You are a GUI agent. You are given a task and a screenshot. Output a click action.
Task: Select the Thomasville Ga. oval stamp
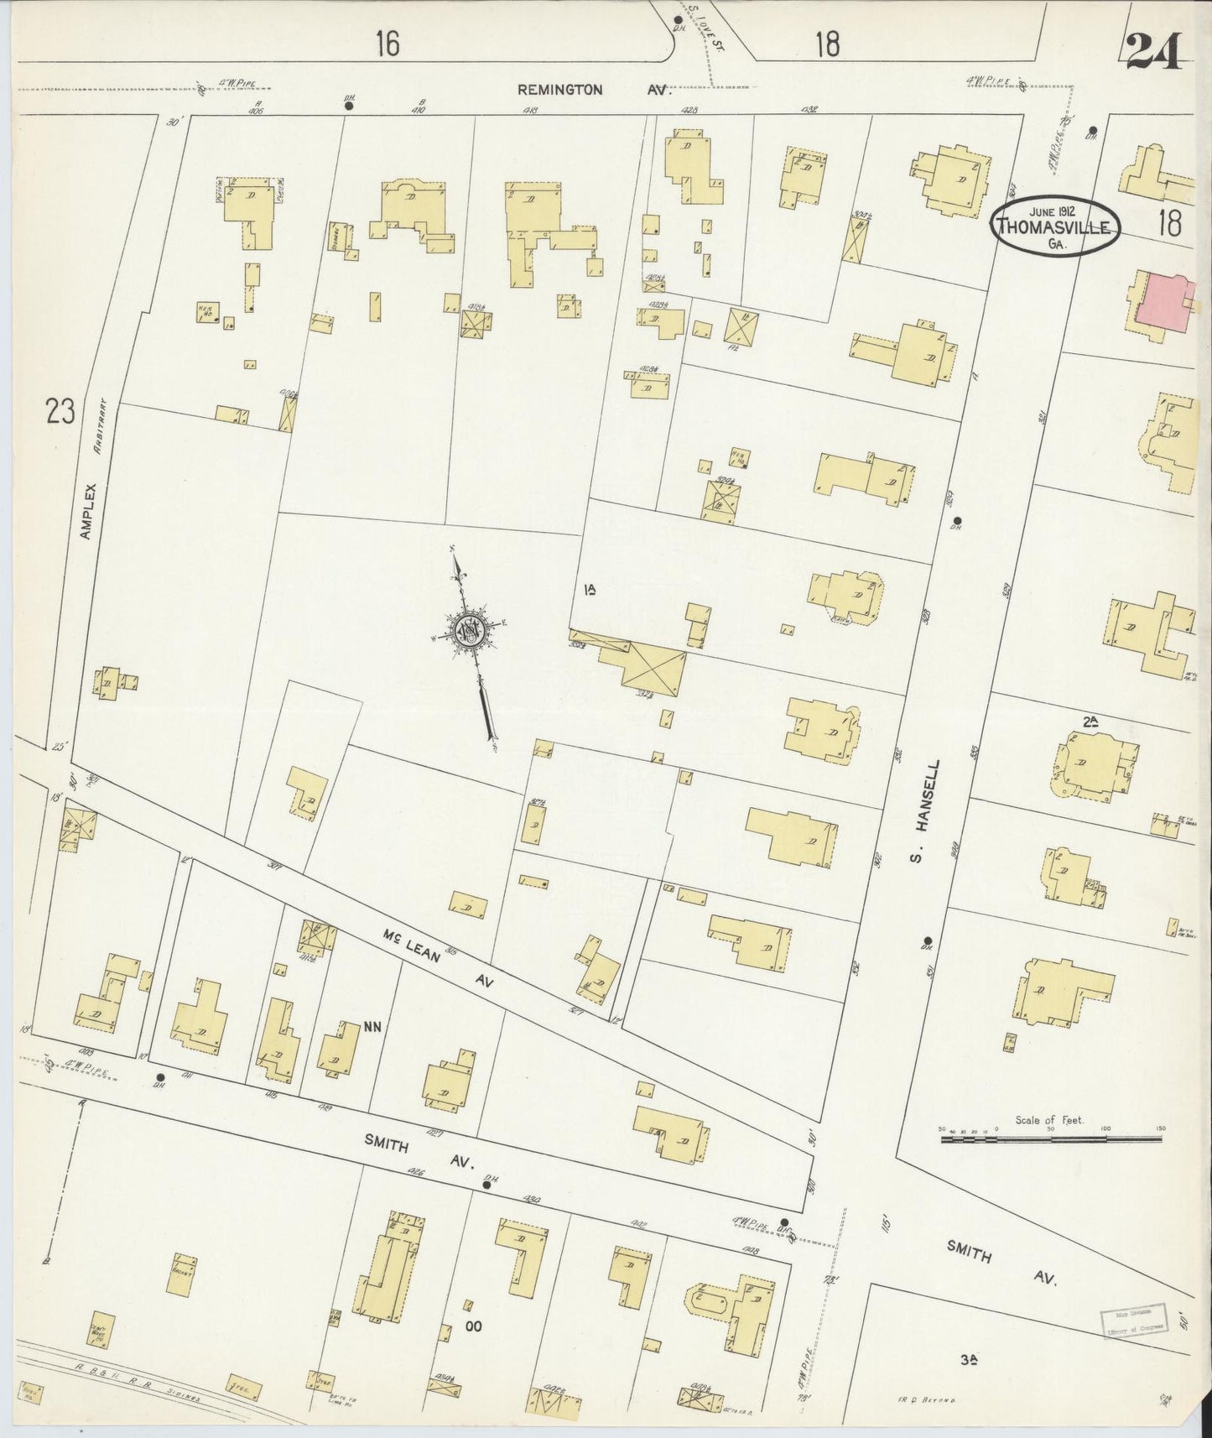click(1057, 223)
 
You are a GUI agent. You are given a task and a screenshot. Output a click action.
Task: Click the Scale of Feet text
click(1048, 1120)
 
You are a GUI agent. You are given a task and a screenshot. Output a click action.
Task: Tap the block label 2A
click(1090, 721)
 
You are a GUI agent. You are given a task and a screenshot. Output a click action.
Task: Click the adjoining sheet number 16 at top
click(387, 44)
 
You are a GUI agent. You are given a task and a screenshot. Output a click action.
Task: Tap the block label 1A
click(590, 591)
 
